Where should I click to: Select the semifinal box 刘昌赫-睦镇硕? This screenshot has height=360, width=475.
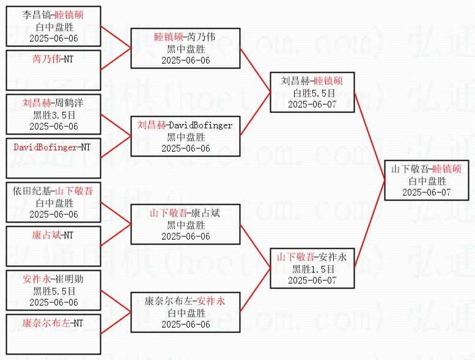click(312, 92)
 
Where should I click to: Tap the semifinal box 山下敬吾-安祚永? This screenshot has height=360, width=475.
click(312, 268)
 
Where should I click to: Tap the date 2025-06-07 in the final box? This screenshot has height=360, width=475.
click(426, 193)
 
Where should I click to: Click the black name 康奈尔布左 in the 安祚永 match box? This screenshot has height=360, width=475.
click(169, 301)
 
